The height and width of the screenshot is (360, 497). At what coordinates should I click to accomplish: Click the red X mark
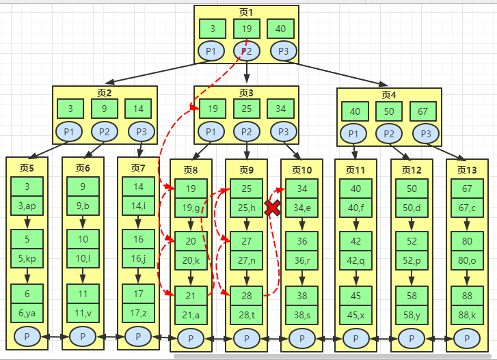pyautogui.click(x=272, y=208)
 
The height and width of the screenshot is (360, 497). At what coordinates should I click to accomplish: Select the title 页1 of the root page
pyautogui.click(x=246, y=12)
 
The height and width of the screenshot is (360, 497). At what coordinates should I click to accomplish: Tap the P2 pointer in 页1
pyautogui.click(x=246, y=51)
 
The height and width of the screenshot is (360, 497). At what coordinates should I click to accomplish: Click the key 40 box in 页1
pyautogui.click(x=280, y=29)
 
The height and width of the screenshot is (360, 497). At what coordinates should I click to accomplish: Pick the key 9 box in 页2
pyautogui.click(x=104, y=108)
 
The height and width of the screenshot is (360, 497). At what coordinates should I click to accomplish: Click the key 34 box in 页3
pyautogui.click(x=280, y=108)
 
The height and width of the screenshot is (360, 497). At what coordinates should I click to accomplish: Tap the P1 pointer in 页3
pyautogui.click(x=212, y=131)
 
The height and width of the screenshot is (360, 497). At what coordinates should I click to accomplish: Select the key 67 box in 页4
pyautogui.click(x=423, y=111)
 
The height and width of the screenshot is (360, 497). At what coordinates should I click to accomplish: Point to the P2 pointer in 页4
pyautogui.click(x=388, y=134)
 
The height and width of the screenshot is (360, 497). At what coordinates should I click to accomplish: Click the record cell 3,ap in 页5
pyautogui.click(x=27, y=204)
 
